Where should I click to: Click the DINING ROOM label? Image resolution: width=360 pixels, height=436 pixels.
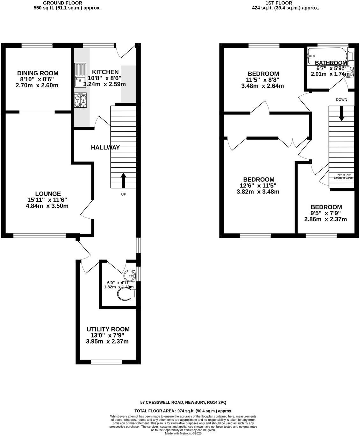(38, 73)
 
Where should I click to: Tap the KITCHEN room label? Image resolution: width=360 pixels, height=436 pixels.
(105, 72)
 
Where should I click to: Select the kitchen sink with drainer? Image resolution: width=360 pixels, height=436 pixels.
(80, 75)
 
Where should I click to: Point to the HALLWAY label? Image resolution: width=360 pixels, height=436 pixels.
(105, 148)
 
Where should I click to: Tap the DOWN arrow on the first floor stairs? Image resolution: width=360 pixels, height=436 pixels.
(342, 113)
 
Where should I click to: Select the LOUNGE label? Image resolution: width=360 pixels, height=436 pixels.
(48, 194)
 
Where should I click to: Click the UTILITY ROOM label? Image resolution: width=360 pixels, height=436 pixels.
(108, 329)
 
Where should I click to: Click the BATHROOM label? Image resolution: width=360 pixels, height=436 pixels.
(331, 63)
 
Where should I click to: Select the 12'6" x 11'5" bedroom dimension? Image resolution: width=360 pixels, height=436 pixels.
(258, 185)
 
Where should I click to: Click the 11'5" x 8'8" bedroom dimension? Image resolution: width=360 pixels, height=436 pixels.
(263, 80)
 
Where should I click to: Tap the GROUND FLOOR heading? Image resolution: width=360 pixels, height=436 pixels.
(67, 3)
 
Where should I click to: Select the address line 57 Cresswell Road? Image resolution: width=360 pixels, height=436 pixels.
(184, 403)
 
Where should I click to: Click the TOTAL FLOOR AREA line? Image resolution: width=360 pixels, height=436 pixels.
(184, 411)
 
